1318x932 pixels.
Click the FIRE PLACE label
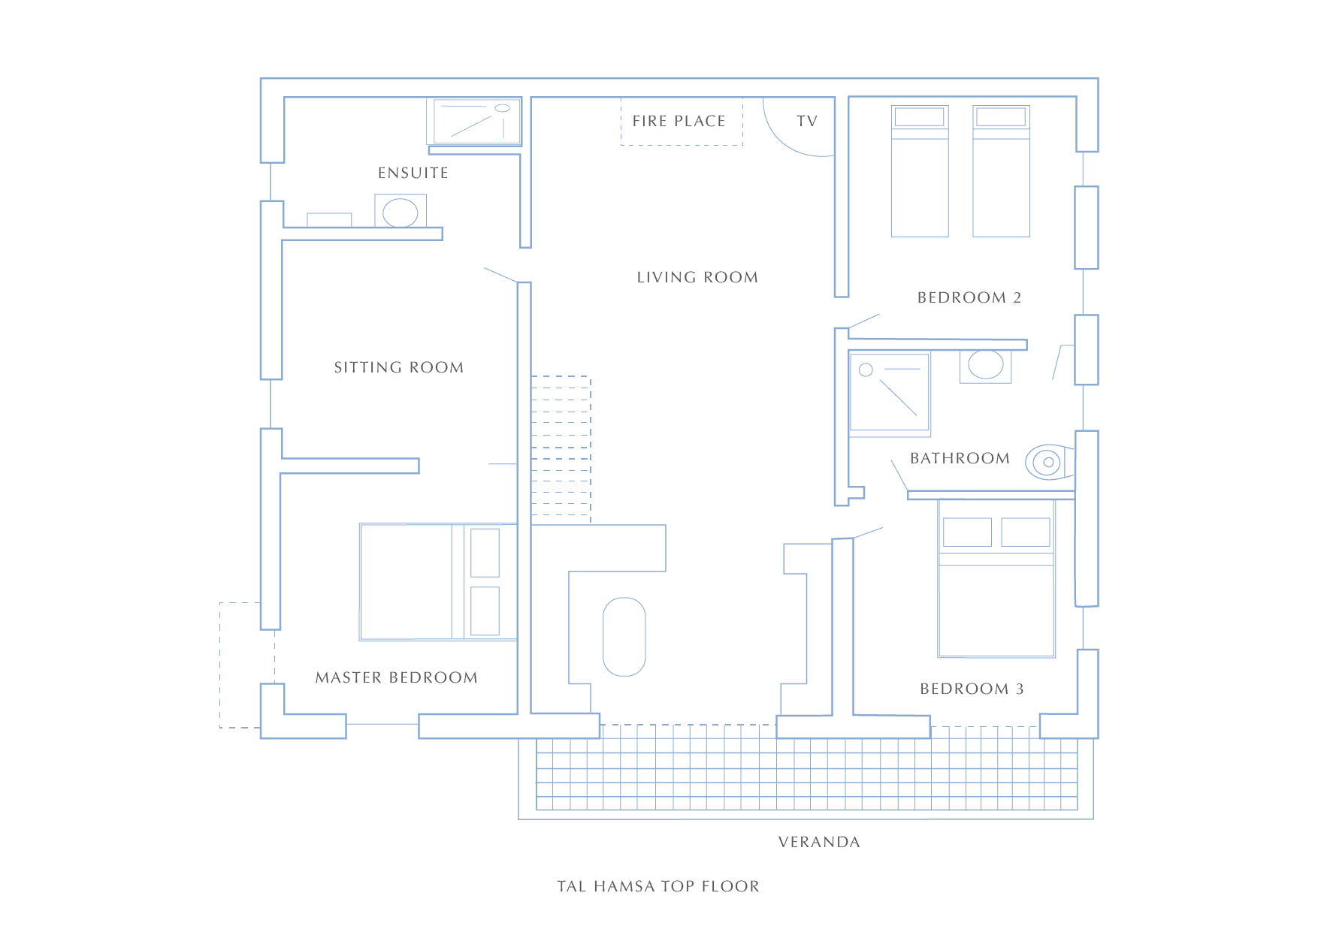(x=679, y=121)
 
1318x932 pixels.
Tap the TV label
(x=807, y=121)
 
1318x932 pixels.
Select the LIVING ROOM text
(x=697, y=277)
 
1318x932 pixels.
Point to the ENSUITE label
(x=413, y=173)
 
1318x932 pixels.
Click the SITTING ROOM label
(x=399, y=367)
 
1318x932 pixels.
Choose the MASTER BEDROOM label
(x=397, y=677)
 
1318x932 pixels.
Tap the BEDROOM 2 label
(x=969, y=297)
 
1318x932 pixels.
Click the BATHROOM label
(x=960, y=458)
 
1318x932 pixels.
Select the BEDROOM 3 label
(x=972, y=689)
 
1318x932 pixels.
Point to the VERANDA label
(x=819, y=842)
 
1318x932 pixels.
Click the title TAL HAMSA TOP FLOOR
(x=658, y=886)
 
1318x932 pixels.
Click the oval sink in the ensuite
(x=401, y=213)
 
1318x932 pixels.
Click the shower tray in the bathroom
(x=890, y=395)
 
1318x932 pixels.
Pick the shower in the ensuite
(x=474, y=122)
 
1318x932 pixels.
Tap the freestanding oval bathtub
(x=624, y=637)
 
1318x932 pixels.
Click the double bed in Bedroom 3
(x=996, y=578)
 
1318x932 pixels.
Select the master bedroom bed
(x=438, y=582)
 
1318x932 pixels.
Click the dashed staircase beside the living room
(x=561, y=449)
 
